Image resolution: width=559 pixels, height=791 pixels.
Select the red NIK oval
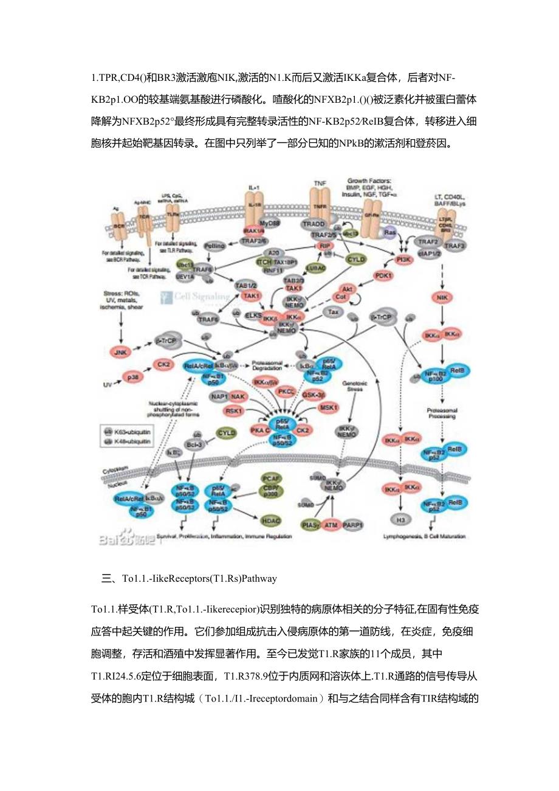pyautogui.click(x=441, y=298)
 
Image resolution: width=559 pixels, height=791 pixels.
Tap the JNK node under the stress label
pyautogui.click(x=121, y=351)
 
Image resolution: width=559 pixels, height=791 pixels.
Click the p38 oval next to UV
pyautogui.click(x=131, y=378)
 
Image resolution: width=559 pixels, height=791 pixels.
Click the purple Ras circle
pyautogui.click(x=389, y=232)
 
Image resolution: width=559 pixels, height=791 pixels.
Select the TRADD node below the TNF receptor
pyautogui.click(x=314, y=223)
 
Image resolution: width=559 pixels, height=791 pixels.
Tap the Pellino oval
pyautogui.click(x=217, y=246)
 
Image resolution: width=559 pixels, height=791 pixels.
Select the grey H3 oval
pyautogui.click(x=402, y=521)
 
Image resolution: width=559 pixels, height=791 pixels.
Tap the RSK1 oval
pyautogui.click(x=235, y=411)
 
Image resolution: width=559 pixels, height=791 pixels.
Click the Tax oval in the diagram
pyautogui.click(x=333, y=312)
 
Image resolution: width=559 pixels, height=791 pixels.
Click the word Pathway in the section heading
pyautogui.click(x=260, y=578)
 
